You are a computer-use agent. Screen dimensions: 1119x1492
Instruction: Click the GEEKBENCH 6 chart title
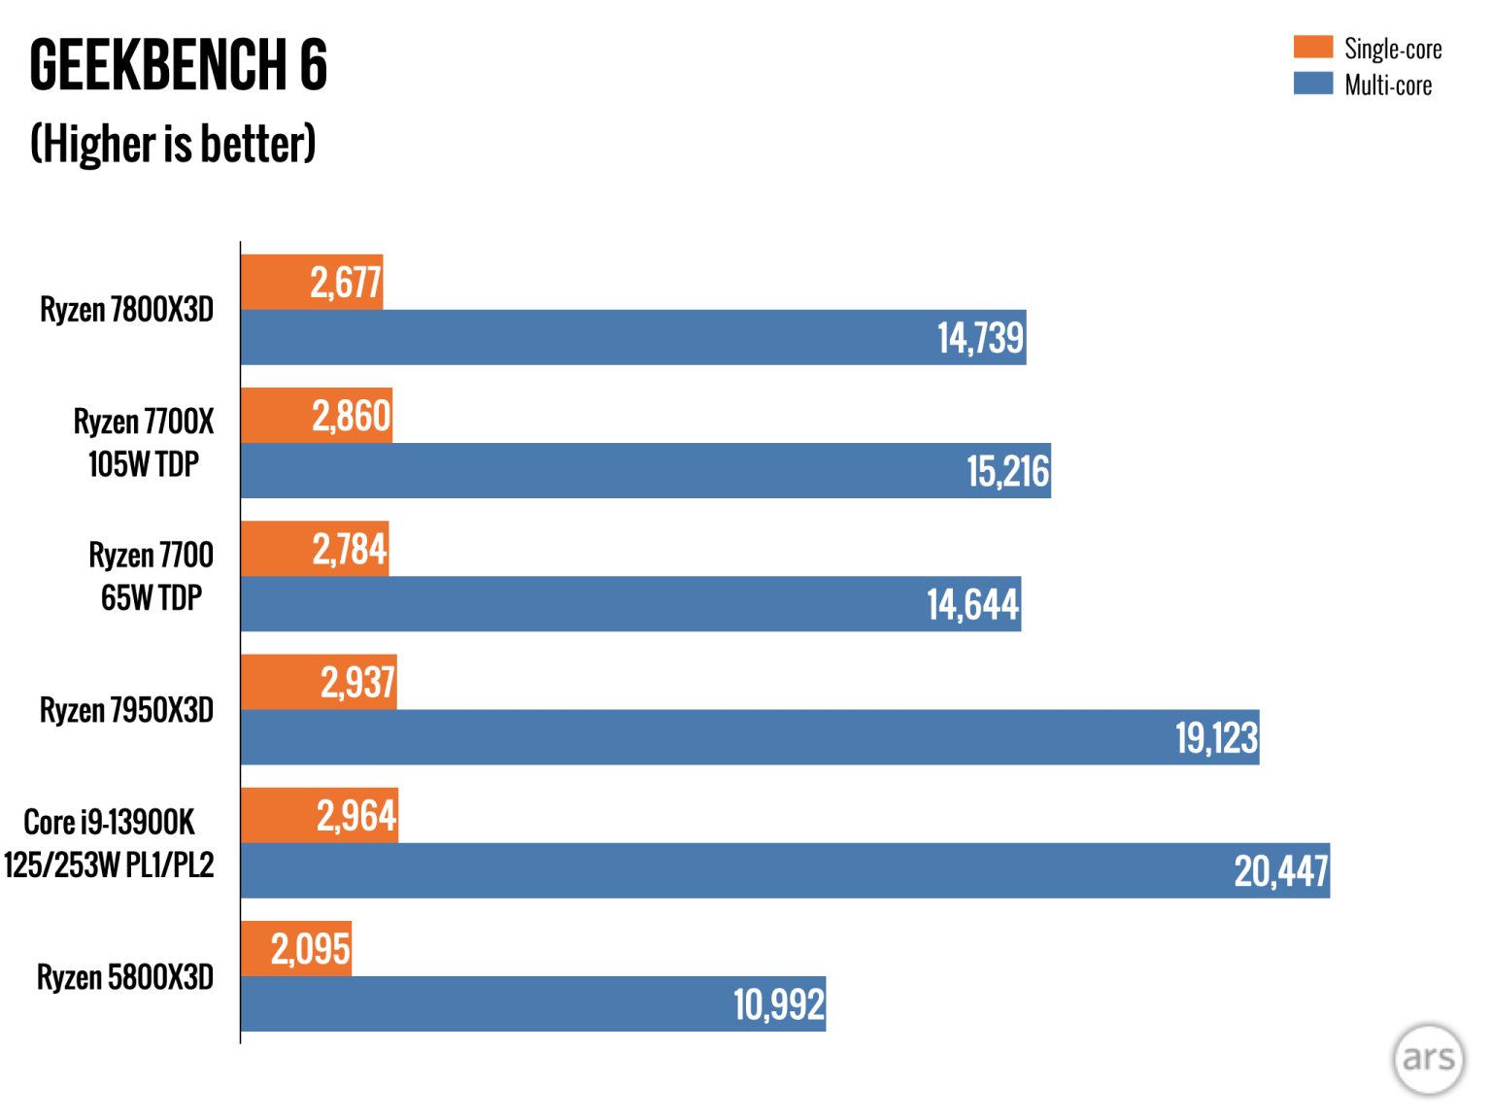tap(179, 66)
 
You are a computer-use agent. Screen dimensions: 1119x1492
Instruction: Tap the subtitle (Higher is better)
tap(173, 144)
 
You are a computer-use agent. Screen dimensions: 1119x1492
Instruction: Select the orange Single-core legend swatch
tap(1312, 47)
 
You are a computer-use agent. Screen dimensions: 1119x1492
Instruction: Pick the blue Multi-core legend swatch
tap(1312, 84)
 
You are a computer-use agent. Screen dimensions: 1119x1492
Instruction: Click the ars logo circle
tap(1428, 1059)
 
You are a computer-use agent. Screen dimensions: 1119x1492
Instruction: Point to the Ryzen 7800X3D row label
tap(126, 310)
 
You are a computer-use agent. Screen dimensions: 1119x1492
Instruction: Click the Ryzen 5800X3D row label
tap(125, 977)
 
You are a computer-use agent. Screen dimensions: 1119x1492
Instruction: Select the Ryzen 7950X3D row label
tap(126, 710)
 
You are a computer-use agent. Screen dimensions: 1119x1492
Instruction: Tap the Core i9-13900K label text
tap(109, 823)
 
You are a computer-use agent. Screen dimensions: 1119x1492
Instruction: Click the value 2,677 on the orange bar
tap(345, 283)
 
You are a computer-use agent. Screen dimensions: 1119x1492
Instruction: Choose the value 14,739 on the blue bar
tap(980, 338)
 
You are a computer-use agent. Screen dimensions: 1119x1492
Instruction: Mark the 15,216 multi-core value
tap(1007, 471)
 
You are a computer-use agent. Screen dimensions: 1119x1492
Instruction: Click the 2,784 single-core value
tap(349, 550)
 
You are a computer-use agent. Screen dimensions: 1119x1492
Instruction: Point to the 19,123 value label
tap(1216, 738)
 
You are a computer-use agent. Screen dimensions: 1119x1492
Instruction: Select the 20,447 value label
tap(1280, 871)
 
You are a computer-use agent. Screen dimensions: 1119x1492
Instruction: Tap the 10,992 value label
tap(778, 1004)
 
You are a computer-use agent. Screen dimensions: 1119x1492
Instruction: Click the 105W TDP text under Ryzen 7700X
tap(144, 464)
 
